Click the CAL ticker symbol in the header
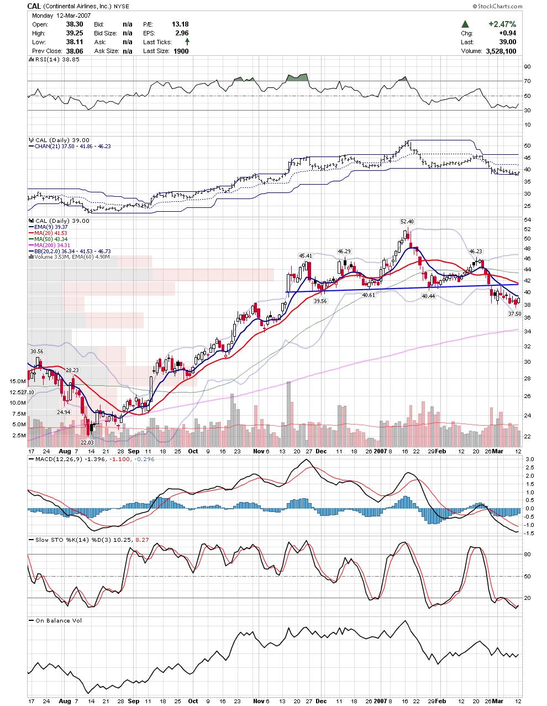tap(34, 6)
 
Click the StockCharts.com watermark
tap(497, 6)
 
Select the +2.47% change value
tap(502, 24)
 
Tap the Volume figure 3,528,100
tap(501, 51)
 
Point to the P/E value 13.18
tap(181, 24)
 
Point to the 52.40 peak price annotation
tap(407, 222)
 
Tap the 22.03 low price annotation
tap(87, 442)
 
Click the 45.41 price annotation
tap(306, 256)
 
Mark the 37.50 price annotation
tap(514, 313)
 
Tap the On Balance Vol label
tap(59, 620)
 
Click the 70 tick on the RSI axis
tap(528, 81)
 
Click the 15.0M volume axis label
tap(18, 381)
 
